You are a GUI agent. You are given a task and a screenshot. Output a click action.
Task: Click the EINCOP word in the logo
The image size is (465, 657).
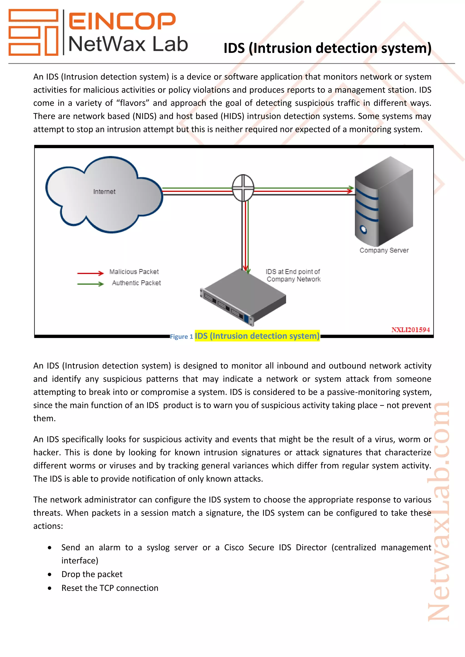pos(122,21)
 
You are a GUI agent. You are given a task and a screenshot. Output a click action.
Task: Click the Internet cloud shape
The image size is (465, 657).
pos(104,195)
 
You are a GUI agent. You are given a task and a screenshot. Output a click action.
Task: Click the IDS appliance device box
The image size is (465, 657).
pos(243,298)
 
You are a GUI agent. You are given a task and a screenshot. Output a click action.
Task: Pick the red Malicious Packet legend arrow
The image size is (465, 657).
pos(90,273)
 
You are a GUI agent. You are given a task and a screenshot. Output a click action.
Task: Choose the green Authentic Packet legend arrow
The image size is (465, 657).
pos(90,284)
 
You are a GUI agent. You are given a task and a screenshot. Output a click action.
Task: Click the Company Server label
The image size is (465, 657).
pos(384,250)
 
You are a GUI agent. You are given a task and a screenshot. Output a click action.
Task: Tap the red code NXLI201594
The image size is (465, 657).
pos(411,330)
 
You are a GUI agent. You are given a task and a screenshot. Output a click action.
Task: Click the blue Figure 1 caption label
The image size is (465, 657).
pos(181,337)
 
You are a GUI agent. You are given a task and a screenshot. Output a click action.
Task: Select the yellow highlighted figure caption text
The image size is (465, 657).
pos(257,336)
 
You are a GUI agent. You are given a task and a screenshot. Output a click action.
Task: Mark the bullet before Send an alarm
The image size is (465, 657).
pos(50,548)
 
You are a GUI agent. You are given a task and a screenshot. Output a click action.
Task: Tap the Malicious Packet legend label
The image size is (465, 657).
pos(134,272)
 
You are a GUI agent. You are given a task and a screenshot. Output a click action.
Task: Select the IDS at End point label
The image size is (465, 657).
pos(293,275)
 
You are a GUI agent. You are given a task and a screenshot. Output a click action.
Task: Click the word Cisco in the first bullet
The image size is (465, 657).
pos(234,547)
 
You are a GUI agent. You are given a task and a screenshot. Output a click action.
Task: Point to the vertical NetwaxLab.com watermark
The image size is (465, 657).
pos(438,512)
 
